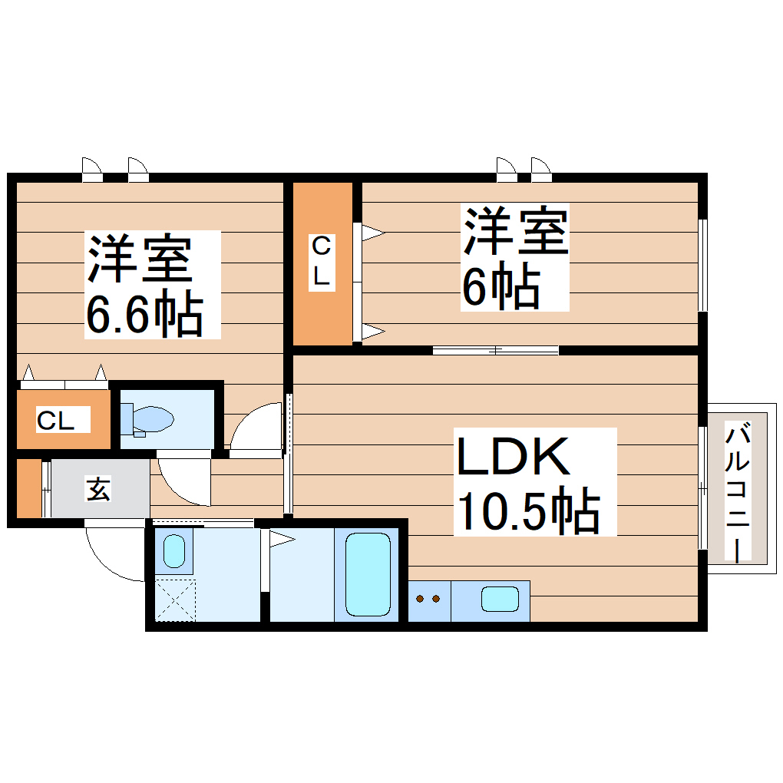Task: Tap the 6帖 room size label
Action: click(x=499, y=287)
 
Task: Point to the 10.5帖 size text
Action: click(x=528, y=510)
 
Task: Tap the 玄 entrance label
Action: click(x=97, y=489)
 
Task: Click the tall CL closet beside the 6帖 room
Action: click(x=322, y=263)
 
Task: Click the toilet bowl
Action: click(x=149, y=419)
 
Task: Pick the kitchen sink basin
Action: click(x=500, y=598)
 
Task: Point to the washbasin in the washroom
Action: click(x=174, y=551)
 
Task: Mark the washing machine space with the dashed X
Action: click(x=175, y=600)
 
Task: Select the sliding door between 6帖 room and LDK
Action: click(x=495, y=351)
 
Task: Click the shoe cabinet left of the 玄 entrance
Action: click(x=28, y=488)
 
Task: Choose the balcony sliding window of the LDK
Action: click(x=702, y=488)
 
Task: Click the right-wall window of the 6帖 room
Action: click(x=702, y=265)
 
